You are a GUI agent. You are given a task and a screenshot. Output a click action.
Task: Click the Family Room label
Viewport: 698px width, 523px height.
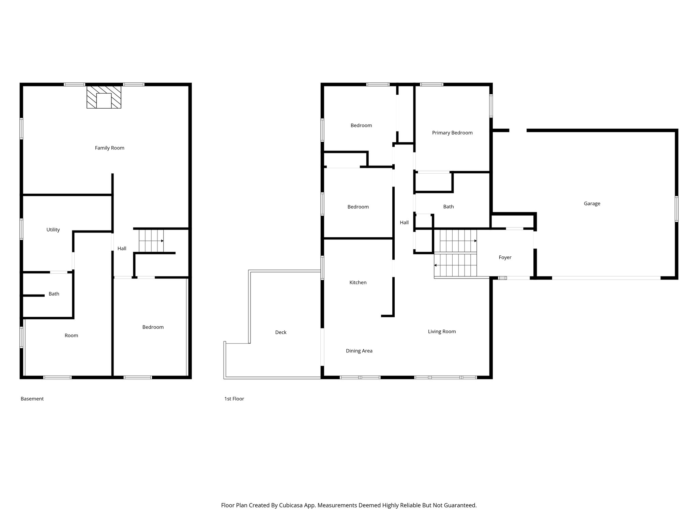109,148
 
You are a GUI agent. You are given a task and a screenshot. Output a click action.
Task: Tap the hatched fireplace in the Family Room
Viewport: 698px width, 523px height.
104,97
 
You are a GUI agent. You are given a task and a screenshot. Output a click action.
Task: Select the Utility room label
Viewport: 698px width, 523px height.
53,230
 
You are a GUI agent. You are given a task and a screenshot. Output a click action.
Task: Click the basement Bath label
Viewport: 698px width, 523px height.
54,294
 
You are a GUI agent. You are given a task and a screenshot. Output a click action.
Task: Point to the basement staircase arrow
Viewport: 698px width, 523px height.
162,241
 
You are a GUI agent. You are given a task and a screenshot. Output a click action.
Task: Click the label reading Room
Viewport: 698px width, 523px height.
71,336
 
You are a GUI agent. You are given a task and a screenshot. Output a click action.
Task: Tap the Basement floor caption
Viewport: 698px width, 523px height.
32,399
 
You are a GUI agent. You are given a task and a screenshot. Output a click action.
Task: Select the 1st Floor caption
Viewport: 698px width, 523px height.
234,399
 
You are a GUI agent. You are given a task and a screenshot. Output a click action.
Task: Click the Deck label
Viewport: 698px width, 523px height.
281,332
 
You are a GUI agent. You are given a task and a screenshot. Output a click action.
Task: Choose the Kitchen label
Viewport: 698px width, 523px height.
358,283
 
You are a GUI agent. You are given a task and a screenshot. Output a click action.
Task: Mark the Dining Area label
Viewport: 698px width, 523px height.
359,351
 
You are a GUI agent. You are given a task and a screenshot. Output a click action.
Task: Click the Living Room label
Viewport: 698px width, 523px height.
442,332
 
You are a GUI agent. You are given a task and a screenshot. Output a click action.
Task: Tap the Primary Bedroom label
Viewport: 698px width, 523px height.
452,133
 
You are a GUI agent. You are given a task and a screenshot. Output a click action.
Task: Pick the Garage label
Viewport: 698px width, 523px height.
592,204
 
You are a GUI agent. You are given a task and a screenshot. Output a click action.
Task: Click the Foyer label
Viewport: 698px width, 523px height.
505,257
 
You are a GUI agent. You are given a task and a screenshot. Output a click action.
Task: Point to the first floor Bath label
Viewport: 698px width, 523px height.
449,207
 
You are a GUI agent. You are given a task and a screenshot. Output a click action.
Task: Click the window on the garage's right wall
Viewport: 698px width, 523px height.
677,209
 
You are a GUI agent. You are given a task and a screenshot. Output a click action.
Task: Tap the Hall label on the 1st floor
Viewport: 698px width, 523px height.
404,223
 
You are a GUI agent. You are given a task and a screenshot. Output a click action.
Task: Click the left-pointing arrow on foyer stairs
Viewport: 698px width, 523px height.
436,265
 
